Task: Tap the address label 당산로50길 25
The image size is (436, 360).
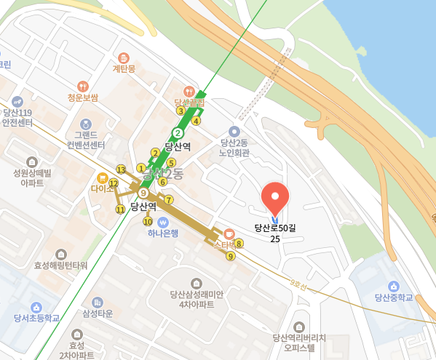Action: tap(275, 233)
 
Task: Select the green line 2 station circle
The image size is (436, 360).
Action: tap(177, 132)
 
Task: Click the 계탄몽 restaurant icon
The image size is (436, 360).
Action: tap(124, 57)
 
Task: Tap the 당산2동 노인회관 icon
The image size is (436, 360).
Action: tap(234, 131)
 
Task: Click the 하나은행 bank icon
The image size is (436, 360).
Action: tap(162, 221)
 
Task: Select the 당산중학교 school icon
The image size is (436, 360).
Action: tap(394, 285)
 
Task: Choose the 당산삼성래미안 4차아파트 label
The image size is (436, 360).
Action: tap(197, 300)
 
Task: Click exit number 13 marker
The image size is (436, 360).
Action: tap(121, 169)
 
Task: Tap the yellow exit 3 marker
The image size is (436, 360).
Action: tap(180, 111)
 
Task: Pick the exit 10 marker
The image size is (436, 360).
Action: tap(148, 221)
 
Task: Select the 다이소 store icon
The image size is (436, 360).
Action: tap(103, 177)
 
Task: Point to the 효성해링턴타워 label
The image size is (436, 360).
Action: tap(60, 265)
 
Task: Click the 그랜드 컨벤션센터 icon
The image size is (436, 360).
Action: tap(86, 124)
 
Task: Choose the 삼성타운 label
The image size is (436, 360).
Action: tap(98, 313)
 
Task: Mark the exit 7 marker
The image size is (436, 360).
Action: tap(169, 199)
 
